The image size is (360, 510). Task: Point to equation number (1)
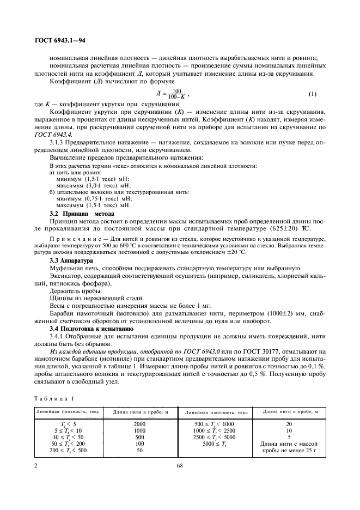tap(312, 94)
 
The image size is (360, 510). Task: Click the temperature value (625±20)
tap(291, 229)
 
